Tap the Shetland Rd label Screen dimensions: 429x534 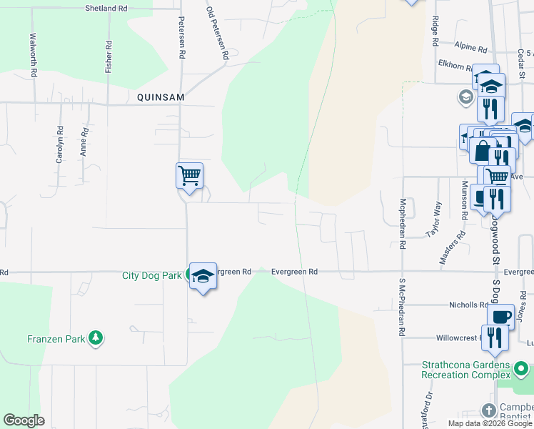click(106, 8)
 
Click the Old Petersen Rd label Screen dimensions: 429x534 click(217, 33)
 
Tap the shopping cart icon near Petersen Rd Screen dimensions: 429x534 click(189, 174)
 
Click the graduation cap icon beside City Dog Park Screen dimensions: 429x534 click(203, 276)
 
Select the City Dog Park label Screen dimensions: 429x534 click(152, 275)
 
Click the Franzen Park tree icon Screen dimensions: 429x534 click(95, 338)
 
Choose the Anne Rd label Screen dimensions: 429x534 click(84, 142)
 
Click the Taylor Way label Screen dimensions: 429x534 click(433, 219)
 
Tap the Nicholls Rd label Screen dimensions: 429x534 click(468, 305)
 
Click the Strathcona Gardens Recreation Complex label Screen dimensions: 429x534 click(467, 370)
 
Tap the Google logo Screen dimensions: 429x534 click(24, 420)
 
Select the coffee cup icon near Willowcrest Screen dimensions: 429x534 click(500, 315)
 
